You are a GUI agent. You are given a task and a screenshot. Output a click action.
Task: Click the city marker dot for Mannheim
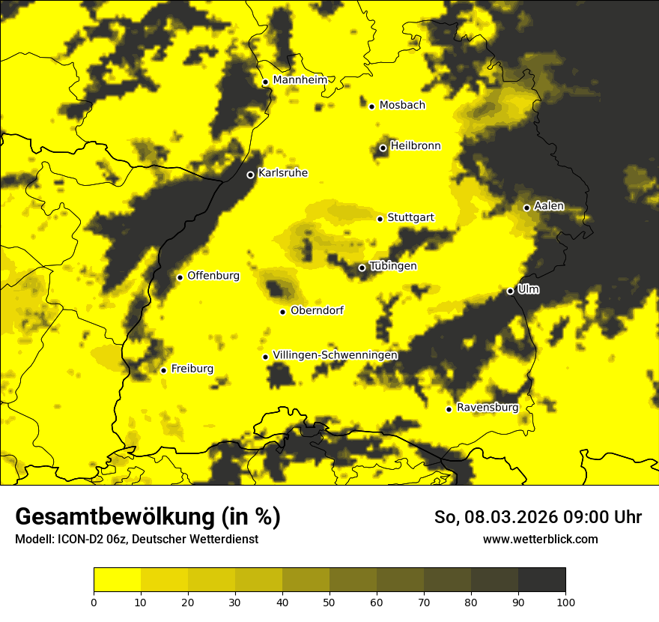point(265,82)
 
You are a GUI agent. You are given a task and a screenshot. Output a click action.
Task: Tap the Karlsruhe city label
point(282,173)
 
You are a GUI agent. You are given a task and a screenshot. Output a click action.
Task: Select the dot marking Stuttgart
point(380,219)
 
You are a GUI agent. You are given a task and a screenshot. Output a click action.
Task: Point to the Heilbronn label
point(415,146)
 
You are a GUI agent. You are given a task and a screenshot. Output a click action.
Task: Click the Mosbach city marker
point(371,106)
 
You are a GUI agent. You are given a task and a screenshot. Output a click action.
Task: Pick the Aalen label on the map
point(549,206)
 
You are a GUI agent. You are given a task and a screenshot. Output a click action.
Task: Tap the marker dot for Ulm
point(510,291)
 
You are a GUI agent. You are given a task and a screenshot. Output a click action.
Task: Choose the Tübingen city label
point(392,266)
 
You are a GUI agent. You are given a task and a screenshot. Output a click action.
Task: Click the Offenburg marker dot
point(180,277)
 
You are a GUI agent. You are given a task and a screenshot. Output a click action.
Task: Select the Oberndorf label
point(317,310)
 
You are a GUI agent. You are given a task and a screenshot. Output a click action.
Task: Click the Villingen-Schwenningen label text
point(335,355)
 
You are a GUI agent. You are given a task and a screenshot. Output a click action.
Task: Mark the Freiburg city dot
point(163,370)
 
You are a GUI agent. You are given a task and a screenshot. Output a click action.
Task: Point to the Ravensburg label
point(487,408)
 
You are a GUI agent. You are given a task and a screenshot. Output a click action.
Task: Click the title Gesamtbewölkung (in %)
point(148,517)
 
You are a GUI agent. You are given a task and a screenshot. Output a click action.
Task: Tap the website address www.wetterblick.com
point(540,539)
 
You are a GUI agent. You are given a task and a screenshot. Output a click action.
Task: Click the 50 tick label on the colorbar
point(329,602)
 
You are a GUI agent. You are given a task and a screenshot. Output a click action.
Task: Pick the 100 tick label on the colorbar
point(565,602)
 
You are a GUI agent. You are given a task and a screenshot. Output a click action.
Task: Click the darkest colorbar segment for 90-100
point(541,580)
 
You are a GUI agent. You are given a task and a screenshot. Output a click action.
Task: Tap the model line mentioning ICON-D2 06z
point(136,539)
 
